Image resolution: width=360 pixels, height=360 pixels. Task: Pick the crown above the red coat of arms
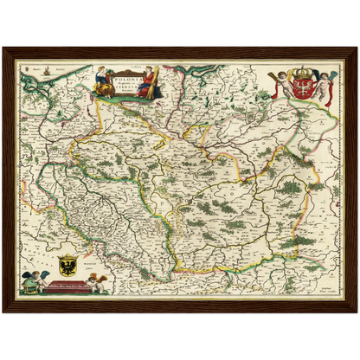302,74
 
